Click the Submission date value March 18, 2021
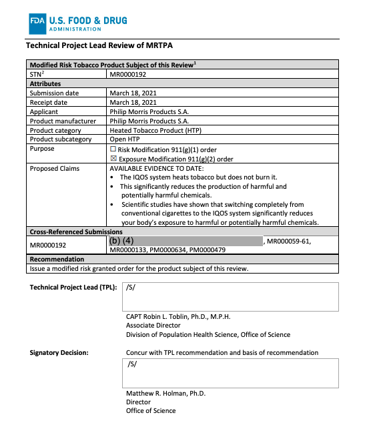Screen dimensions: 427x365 (x=133, y=93)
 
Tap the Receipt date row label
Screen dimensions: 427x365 (x=48, y=103)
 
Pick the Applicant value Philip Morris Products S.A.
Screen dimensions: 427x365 (x=149, y=112)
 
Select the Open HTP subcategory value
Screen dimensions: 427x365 (x=126, y=140)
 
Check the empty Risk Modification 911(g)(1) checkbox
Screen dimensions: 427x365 (x=113, y=149)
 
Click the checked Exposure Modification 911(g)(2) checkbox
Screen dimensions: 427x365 (x=113, y=159)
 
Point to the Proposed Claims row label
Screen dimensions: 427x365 (x=55, y=169)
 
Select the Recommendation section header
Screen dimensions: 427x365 (x=56, y=259)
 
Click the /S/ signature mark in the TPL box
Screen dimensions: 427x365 (x=131, y=288)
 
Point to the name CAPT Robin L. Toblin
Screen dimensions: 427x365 (x=165, y=316)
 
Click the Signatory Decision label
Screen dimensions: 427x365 (x=63, y=352)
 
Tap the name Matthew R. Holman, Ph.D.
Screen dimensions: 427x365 (x=165, y=394)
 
